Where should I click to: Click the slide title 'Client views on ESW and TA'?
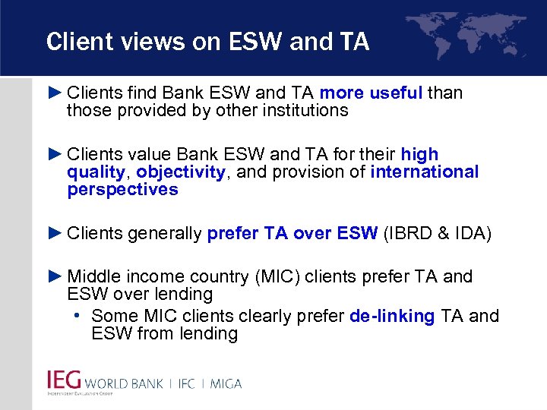(207, 41)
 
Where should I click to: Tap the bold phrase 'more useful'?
(371, 93)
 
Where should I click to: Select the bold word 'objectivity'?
(181, 172)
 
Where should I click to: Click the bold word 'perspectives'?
(122, 190)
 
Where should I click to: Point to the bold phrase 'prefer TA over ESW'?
(292, 233)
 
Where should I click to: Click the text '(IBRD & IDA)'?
(438, 233)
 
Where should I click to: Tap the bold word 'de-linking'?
(391, 316)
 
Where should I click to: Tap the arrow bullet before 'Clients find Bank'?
(55, 93)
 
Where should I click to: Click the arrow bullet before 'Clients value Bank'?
(55, 155)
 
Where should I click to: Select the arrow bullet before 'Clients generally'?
(55, 232)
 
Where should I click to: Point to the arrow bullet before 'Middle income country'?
(55, 276)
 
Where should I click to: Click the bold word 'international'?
(424, 172)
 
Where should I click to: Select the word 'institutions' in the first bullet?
(302, 111)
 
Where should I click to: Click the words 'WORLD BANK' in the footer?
(124, 383)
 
